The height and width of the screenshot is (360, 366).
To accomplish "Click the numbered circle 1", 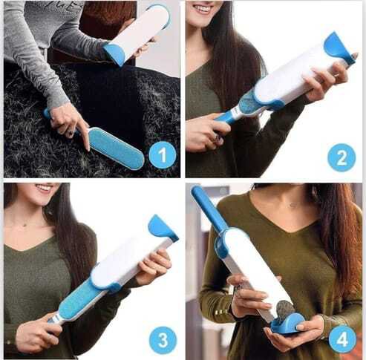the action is [163, 155].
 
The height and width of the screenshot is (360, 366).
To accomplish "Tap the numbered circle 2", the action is [342, 157].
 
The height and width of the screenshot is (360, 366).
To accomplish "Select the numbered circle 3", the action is [163, 340].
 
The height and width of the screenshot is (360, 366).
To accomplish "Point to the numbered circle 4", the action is [342, 339].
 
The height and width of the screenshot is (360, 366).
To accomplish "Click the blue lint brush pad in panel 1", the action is [116, 148].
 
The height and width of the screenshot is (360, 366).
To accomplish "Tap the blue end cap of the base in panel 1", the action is [115, 53].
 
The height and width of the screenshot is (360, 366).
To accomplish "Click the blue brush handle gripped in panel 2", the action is [226, 117].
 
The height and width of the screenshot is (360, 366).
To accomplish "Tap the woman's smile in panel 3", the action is [45, 189].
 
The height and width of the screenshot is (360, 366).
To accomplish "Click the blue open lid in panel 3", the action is [163, 228].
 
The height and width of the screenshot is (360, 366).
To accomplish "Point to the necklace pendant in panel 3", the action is [24, 225].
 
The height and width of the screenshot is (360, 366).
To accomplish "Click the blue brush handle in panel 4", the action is [209, 208].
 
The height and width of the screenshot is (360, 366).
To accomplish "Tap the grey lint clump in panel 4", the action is [285, 309].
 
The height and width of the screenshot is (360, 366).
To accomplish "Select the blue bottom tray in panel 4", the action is [288, 324].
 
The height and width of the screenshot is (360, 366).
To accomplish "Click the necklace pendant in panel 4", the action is [294, 205].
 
